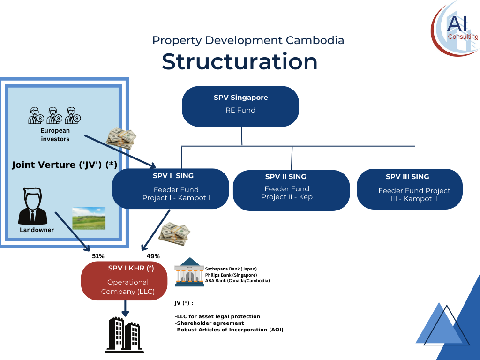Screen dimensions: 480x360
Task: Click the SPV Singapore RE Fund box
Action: (x=240, y=106)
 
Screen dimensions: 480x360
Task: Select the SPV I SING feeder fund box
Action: (x=171, y=188)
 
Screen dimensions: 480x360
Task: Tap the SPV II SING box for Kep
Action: (x=291, y=190)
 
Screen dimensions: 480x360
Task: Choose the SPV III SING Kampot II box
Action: (x=410, y=189)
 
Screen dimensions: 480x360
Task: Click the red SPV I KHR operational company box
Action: (x=124, y=281)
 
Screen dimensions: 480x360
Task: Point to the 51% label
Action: (x=98, y=256)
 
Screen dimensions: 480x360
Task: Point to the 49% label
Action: (x=153, y=256)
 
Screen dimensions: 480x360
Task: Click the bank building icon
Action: (x=189, y=272)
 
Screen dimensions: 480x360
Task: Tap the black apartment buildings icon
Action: (x=125, y=335)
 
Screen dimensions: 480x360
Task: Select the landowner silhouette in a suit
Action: (x=33, y=206)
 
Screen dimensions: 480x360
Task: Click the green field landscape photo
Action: (x=89, y=218)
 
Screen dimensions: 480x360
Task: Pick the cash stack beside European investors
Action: (x=121, y=138)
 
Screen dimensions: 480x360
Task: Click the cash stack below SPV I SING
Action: (x=174, y=234)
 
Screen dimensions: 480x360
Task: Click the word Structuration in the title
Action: (x=240, y=61)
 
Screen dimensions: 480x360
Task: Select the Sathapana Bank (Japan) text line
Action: (x=231, y=269)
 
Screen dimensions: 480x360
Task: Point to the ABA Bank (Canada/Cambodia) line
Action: (x=237, y=280)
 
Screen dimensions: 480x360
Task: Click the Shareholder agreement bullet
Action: (x=210, y=323)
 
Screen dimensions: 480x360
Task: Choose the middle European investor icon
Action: (x=54, y=115)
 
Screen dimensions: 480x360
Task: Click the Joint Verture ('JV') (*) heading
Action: (x=65, y=165)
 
